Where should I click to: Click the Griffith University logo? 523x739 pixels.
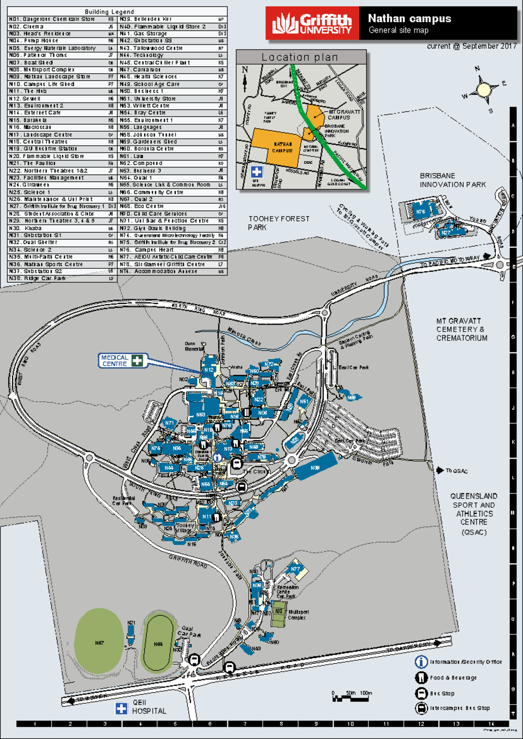312,24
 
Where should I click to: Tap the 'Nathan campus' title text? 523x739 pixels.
409,19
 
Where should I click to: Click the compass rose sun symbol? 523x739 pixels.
483,90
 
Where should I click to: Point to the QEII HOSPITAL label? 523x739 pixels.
149,707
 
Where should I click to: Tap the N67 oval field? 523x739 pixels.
99,643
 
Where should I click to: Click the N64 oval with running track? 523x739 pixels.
158,644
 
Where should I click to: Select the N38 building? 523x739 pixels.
315,468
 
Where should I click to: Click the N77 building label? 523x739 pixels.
295,569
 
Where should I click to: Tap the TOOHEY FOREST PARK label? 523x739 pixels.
279,223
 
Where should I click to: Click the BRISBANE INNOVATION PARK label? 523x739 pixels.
452,180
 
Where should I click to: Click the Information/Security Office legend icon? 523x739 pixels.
421,662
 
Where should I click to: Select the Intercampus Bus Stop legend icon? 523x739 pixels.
421,708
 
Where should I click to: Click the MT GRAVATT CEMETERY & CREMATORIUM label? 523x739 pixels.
462,329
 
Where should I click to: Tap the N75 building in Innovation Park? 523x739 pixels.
420,212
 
